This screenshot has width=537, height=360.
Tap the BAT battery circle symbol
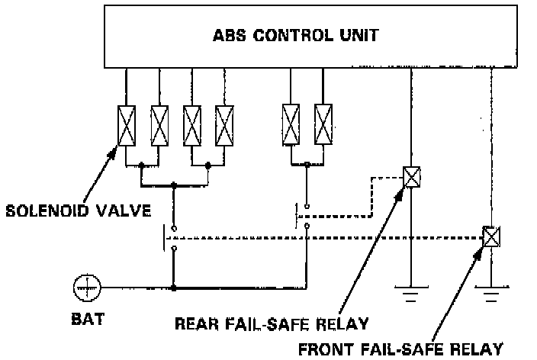click(87, 288)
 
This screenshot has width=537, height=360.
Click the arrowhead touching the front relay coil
click(484, 249)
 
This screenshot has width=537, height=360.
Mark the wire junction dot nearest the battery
click(174, 288)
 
